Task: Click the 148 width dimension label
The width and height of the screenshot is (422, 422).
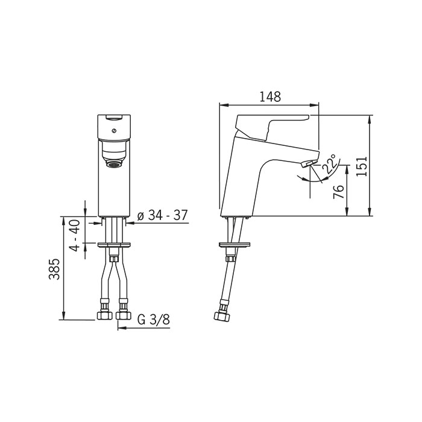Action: point(270,97)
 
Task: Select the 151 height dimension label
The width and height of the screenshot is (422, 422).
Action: point(362,166)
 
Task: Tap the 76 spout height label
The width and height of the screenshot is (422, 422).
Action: point(339,192)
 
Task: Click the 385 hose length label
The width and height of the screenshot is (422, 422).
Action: point(54,269)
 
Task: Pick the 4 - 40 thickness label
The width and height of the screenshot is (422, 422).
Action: point(75,236)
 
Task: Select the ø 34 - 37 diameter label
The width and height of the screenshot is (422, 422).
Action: point(162,215)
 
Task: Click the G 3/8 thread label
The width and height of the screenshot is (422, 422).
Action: point(153,320)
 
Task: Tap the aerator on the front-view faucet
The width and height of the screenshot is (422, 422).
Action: point(114,163)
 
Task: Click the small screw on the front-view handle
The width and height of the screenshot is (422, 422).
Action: point(114,131)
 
